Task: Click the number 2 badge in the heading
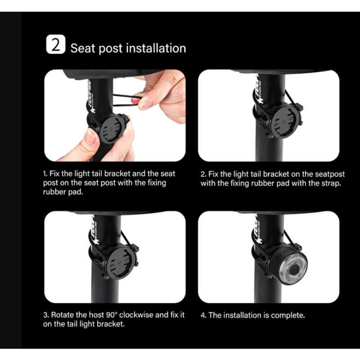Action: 56,46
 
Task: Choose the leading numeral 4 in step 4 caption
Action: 203,315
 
